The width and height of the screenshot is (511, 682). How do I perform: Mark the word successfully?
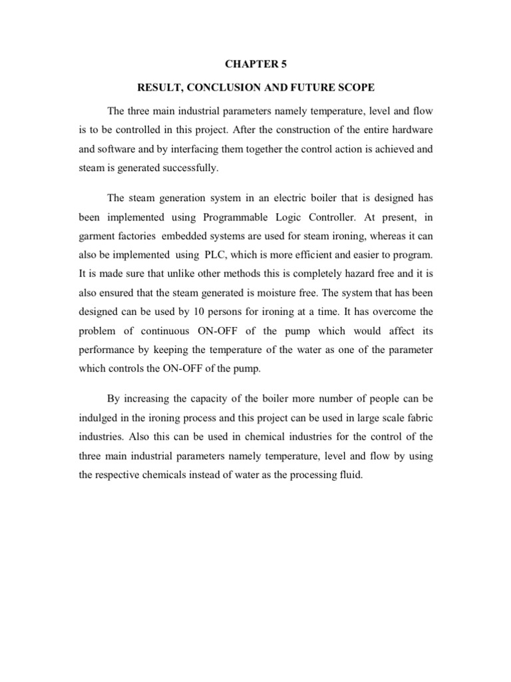point(187,169)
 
